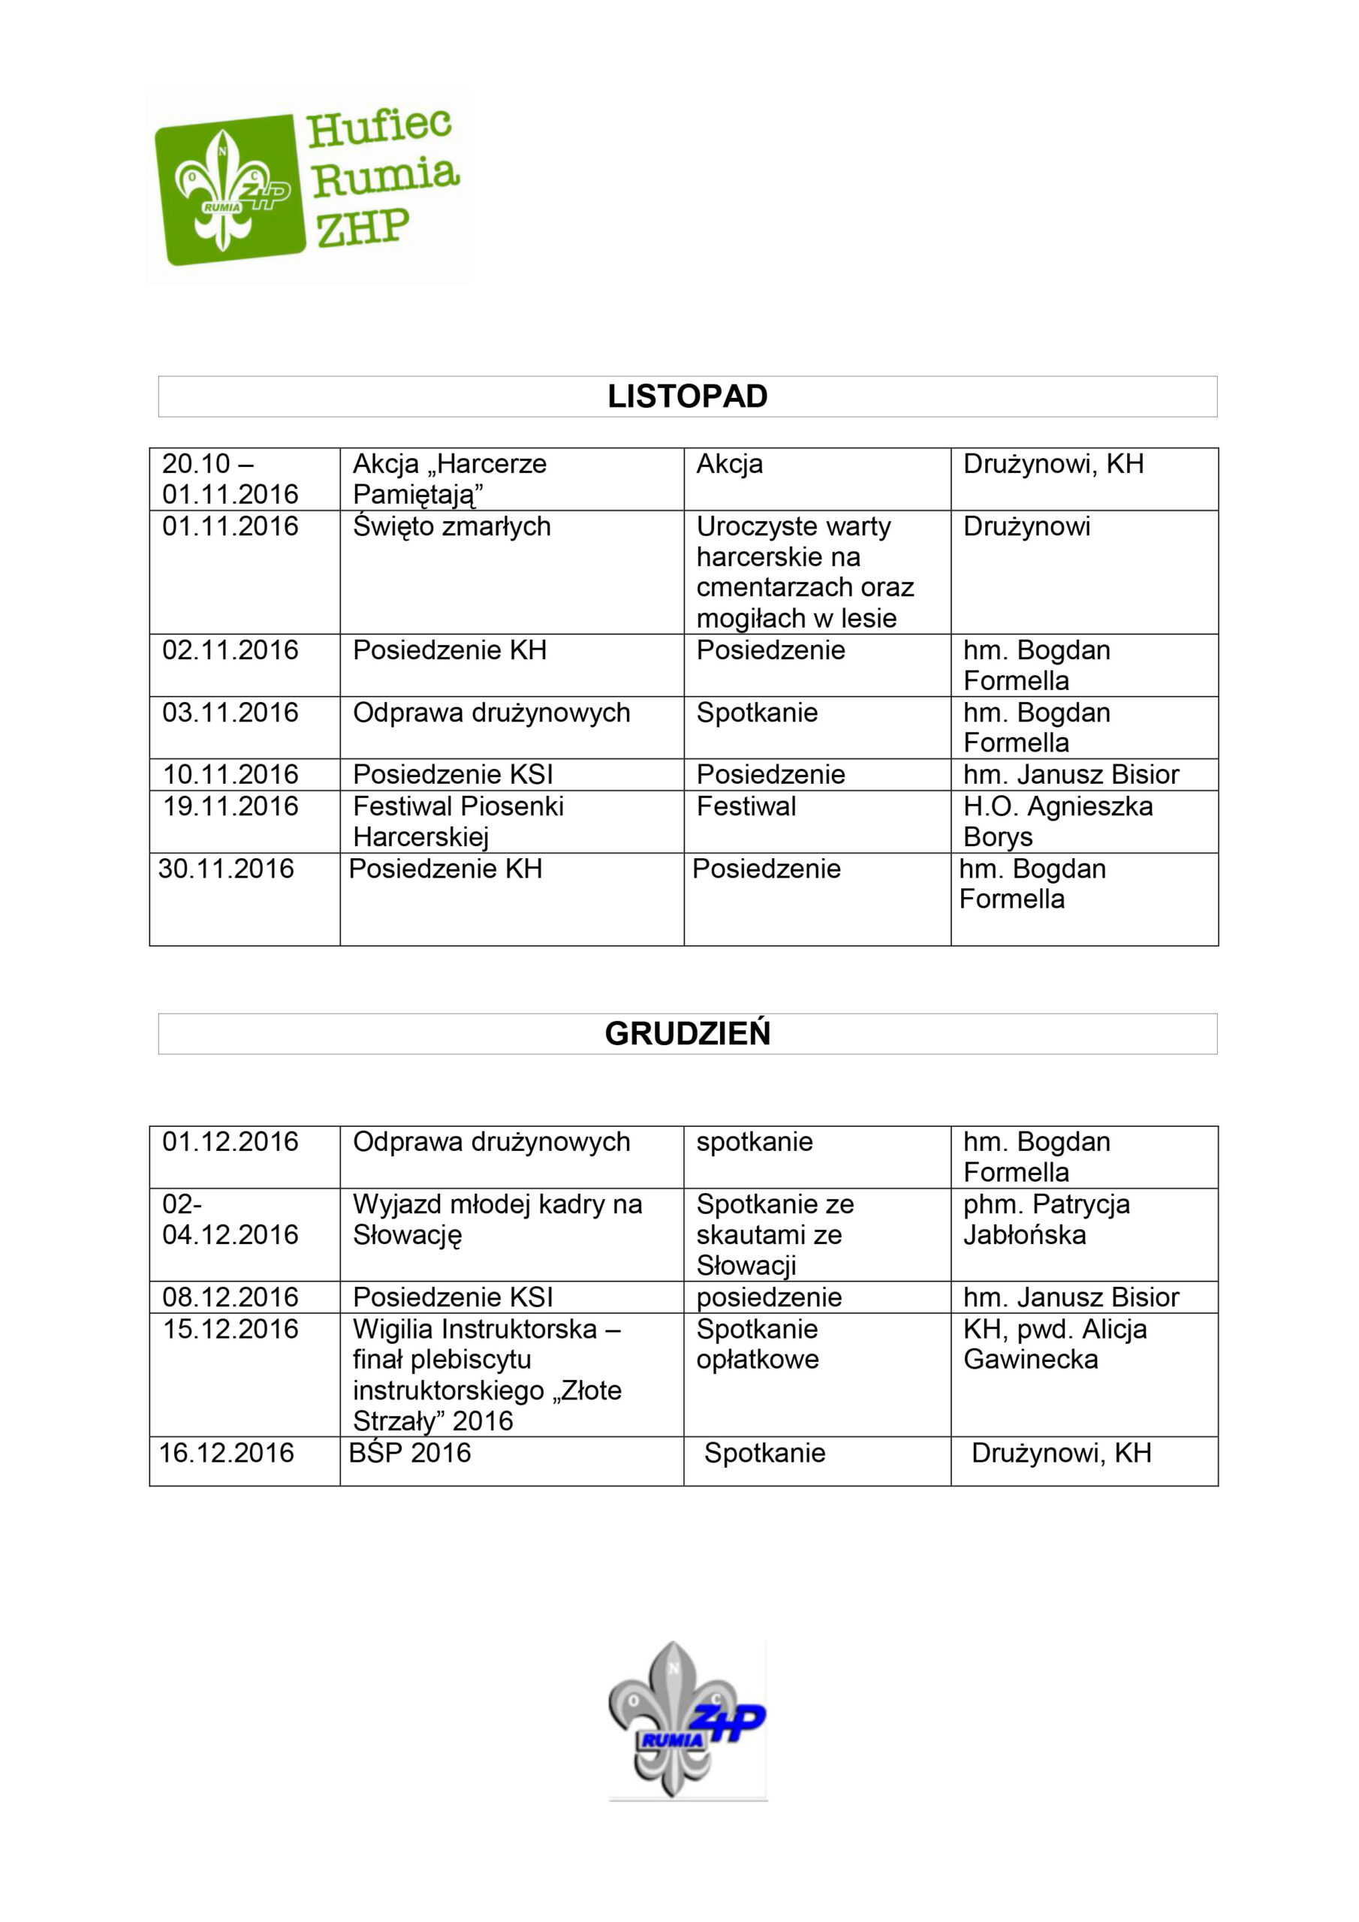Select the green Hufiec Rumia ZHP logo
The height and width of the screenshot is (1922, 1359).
click(306, 188)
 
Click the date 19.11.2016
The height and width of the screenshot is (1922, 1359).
click(231, 806)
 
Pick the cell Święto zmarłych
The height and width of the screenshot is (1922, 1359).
click(451, 526)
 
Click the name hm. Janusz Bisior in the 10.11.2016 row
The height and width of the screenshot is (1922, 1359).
click(1070, 774)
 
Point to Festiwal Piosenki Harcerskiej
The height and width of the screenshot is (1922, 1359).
click(457, 821)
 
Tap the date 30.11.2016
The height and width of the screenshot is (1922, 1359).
click(226, 869)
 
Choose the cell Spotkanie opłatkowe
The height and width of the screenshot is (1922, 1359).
click(757, 1344)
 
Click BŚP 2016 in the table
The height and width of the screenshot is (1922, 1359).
click(409, 1452)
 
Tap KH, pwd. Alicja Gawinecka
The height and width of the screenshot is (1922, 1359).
click(1054, 1344)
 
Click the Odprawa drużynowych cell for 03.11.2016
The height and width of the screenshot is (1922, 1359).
click(491, 712)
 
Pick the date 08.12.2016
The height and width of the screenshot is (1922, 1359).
click(231, 1297)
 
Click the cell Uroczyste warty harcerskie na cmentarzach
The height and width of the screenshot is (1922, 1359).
click(804, 572)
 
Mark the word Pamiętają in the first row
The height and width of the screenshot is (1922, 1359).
click(417, 495)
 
